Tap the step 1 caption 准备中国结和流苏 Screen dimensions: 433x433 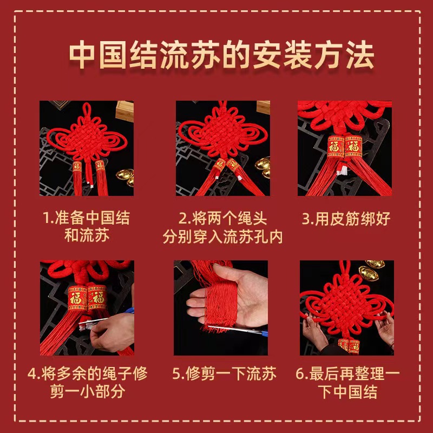(x=87, y=227)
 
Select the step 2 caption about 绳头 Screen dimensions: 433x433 (x=223, y=227)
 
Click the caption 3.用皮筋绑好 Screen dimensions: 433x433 (x=346, y=219)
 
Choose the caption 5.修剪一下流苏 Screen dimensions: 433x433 (x=224, y=374)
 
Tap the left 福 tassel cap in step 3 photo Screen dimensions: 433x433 (x=336, y=147)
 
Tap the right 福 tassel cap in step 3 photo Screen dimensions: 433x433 (x=354, y=147)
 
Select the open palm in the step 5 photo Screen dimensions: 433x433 (x=238, y=298)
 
